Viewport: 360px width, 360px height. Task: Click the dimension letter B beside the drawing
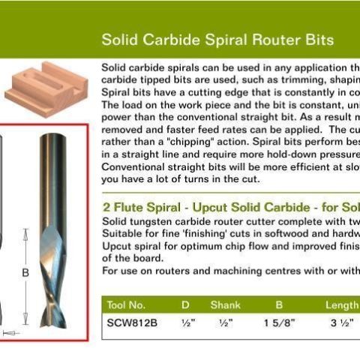click(25, 274)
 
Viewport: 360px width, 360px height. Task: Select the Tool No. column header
click(127, 305)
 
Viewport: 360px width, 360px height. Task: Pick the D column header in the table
click(185, 305)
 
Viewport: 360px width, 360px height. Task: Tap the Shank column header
click(225, 305)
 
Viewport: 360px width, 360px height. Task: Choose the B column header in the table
click(279, 305)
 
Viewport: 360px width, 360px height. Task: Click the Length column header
click(342, 305)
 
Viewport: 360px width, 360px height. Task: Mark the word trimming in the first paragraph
click(283, 79)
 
